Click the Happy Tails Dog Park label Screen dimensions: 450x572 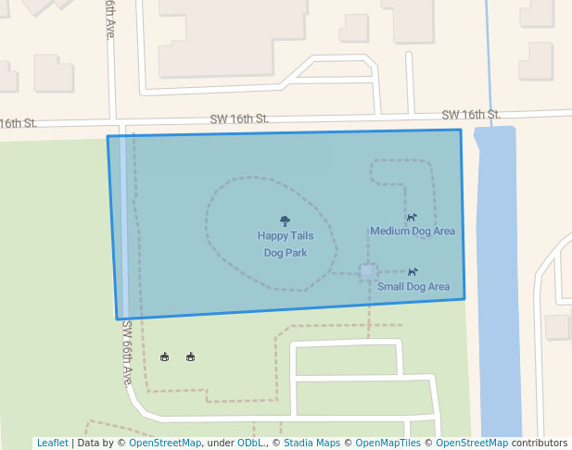pos(285,244)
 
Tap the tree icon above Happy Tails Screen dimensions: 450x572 pos(285,221)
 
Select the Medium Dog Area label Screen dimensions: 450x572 pos(413,231)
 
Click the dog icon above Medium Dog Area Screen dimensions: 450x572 pos(412,217)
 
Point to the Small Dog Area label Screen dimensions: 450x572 pos(413,286)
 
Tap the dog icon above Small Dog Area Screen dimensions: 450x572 pos(413,272)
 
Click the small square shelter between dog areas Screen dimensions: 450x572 pos(368,271)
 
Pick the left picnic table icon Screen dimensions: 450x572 pos(165,356)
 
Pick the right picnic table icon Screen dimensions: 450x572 pos(190,356)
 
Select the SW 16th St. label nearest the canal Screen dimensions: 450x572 pos(471,115)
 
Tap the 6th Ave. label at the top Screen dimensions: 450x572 pos(110,19)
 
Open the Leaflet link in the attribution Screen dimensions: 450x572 pos(53,444)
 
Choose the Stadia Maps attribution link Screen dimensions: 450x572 pos(311,444)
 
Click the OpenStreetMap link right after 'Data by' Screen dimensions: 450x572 pos(165,444)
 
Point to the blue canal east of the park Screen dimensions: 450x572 pos(497,278)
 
